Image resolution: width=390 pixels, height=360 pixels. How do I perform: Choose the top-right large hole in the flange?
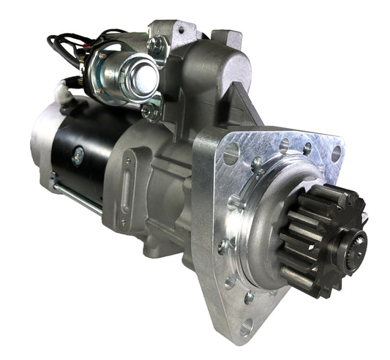pos(336,154)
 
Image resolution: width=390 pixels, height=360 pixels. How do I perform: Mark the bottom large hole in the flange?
pos(247,325)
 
